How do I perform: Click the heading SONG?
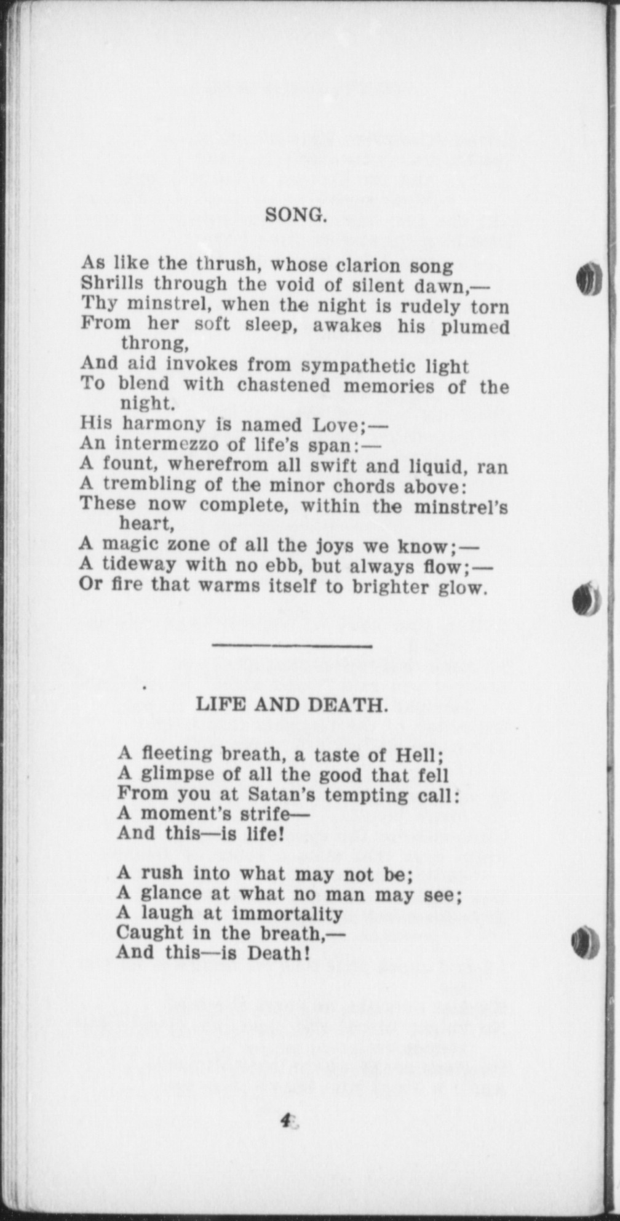295,215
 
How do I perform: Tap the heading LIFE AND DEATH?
292,705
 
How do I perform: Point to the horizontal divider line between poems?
292,646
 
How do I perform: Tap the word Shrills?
113,284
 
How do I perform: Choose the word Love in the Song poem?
339,425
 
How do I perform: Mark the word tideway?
140,564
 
